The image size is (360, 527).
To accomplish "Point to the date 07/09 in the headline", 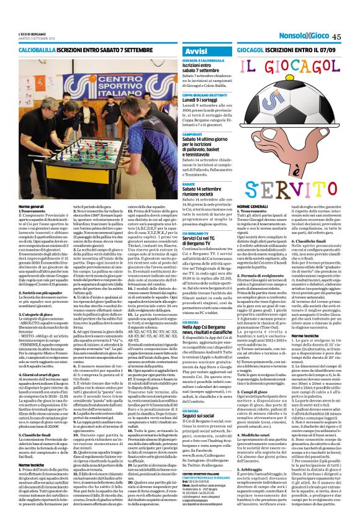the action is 327,48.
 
